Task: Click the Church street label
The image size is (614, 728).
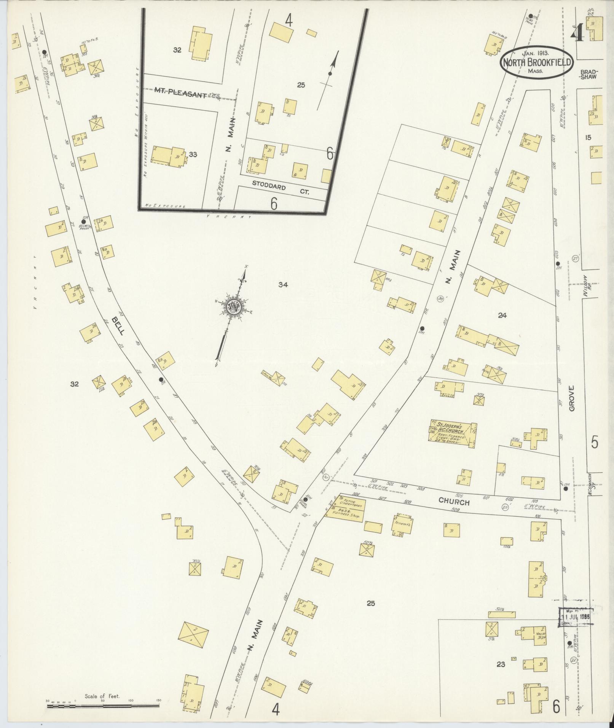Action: tap(454, 502)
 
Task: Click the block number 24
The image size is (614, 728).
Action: tap(502, 315)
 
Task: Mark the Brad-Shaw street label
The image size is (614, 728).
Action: tap(588, 74)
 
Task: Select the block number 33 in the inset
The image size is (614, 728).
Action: tap(193, 154)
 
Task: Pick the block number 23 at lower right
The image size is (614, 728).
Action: tap(501, 664)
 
